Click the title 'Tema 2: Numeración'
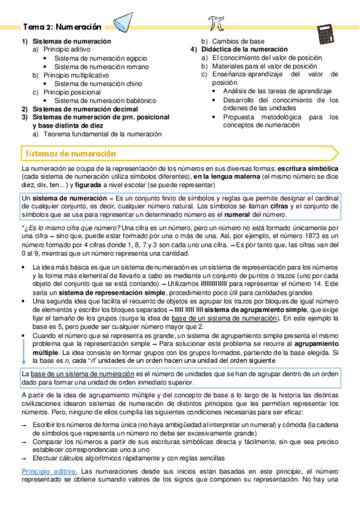(x=63, y=27)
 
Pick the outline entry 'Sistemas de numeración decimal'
(x=85, y=109)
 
